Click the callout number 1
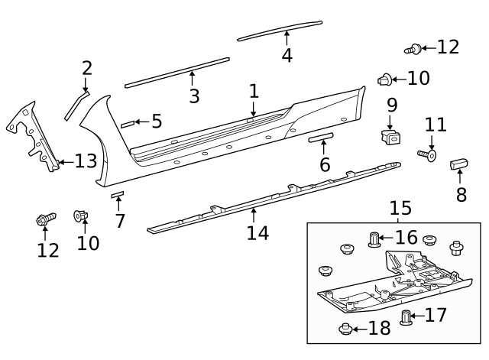click(254, 92)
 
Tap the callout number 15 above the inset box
click(400, 208)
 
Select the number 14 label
click(257, 232)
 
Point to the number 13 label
click(86, 161)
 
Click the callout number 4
click(287, 55)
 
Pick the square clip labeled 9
click(391, 137)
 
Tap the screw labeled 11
click(426, 155)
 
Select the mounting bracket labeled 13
click(34, 138)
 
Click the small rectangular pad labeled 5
click(126, 123)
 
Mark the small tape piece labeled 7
click(117, 196)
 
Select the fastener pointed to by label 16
click(374, 239)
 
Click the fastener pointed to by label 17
click(406, 316)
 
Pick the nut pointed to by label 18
click(345, 329)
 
